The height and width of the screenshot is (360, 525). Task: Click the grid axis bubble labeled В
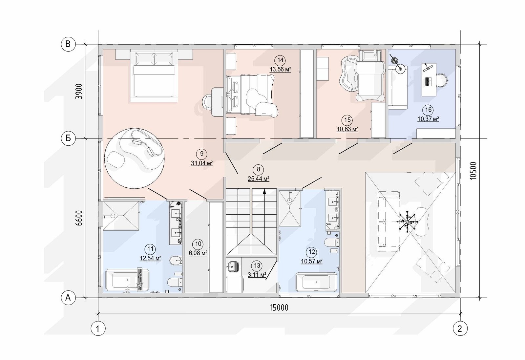tap(68, 44)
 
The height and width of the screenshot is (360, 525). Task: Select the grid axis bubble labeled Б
tap(68, 138)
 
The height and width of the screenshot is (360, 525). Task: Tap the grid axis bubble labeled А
tap(68, 298)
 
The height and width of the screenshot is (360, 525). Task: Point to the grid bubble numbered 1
tap(98, 328)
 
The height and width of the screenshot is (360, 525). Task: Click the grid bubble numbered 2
tap(460, 328)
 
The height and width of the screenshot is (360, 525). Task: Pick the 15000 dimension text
tap(279, 307)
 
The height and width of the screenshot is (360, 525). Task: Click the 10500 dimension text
tap(473, 171)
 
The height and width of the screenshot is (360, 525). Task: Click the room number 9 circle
tap(202, 154)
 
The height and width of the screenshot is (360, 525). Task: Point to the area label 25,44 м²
tap(259, 179)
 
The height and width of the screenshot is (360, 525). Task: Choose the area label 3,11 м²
tap(257, 275)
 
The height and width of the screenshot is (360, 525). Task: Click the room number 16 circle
tap(428, 110)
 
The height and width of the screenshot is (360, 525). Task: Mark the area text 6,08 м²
tap(198, 253)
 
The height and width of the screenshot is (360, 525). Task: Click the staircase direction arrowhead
tap(264, 191)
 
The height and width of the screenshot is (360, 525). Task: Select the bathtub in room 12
tap(316, 282)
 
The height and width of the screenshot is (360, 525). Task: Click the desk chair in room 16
tap(442, 80)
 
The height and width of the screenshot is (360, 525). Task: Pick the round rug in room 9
tap(134, 158)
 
